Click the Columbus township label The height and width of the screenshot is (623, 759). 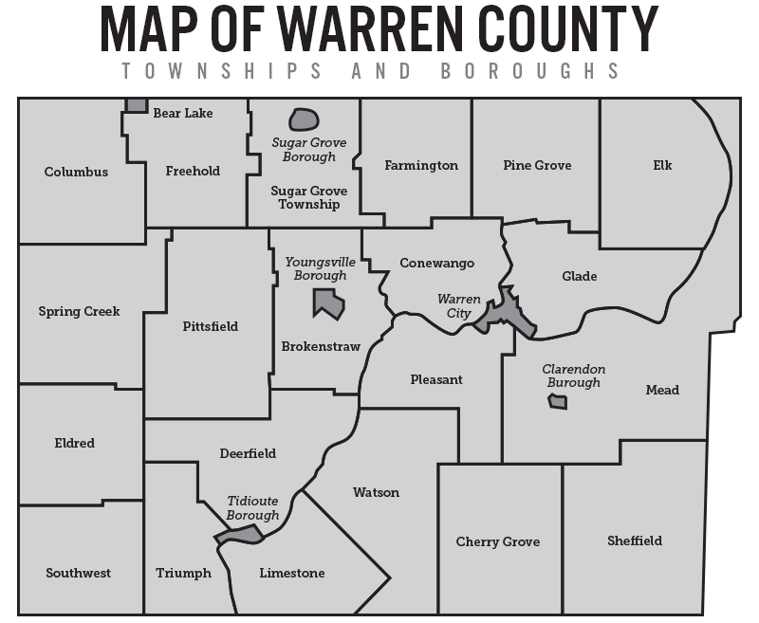[x=76, y=172]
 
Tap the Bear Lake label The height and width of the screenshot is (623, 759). [x=183, y=113]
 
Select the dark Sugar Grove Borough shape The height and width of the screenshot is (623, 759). [x=304, y=119]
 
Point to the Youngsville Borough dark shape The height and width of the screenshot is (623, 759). [x=328, y=304]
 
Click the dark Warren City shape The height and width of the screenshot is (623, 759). [x=505, y=313]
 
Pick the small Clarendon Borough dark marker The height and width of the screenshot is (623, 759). [x=558, y=402]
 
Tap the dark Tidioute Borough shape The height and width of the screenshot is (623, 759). [x=239, y=536]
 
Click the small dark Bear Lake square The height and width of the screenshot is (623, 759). [x=137, y=104]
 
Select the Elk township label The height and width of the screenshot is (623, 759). [x=662, y=165]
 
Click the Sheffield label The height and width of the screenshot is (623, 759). [x=635, y=541]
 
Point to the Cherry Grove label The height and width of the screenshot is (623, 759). [x=498, y=541]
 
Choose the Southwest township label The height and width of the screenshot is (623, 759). [x=78, y=573]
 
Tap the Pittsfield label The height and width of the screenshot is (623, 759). [x=210, y=326]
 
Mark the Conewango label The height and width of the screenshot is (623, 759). [x=436, y=263]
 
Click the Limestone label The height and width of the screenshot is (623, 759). [x=291, y=573]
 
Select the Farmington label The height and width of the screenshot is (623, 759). [x=421, y=165]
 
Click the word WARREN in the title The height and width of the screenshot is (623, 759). [x=361, y=30]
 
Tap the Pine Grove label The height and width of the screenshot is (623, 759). [x=537, y=165]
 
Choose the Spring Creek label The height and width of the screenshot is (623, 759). [x=79, y=311]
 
